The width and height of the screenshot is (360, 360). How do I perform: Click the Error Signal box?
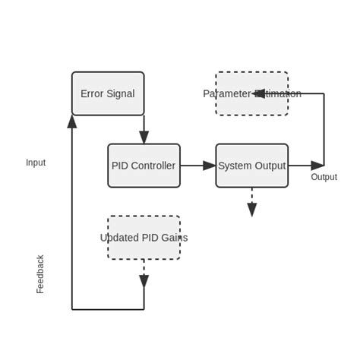pyautogui.click(x=108, y=93)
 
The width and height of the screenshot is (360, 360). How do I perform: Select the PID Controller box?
pyautogui.click(x=144, y=166)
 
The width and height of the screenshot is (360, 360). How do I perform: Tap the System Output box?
pyautogui.click(x=251, y=166)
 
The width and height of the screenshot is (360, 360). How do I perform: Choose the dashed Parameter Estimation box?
pyautogui.click(x=251, y=93)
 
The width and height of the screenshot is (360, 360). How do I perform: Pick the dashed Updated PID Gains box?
pyautogui.click(x=144, y=238)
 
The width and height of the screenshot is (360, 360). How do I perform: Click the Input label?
pyautogui.click(x=36, y=163)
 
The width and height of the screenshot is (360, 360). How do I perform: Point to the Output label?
pyautogui.click(x=324, y=177)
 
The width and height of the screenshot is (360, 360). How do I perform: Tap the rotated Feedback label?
pyautogui.click(x=40, y=274)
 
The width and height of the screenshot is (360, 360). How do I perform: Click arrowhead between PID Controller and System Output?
pyautogui.click(x=210, y=166)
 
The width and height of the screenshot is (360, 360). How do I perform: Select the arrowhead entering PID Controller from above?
pyautogui.click(x=144, y=137)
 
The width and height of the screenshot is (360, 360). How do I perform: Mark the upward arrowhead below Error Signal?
pyautogui.click(x=72, y=122)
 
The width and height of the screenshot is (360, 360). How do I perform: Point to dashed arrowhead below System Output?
pyautogui.click(x=251, y=210)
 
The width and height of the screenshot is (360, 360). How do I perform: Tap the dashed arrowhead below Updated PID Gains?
pyautogui.click(x=144, y=281)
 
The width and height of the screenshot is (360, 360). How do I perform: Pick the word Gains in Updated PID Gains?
pyautogui.click(x=173, y=238)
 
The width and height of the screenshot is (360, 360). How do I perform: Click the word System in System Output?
pyautogui.click(x=235, y=166)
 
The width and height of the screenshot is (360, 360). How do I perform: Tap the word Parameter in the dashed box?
pyautogui.click(x=226, y=93)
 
